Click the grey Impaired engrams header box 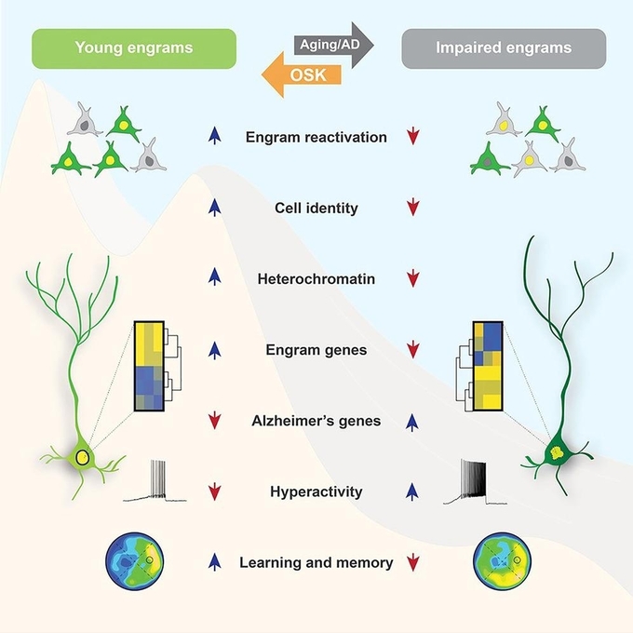point(504,47)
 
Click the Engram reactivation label point(316,138)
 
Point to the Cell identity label point(316,208)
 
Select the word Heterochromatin point(316,278)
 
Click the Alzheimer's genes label point(316,421)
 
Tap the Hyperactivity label point(316,491)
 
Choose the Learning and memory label point(316,562)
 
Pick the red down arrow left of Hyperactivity point(215,492)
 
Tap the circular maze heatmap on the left point(133,560)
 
